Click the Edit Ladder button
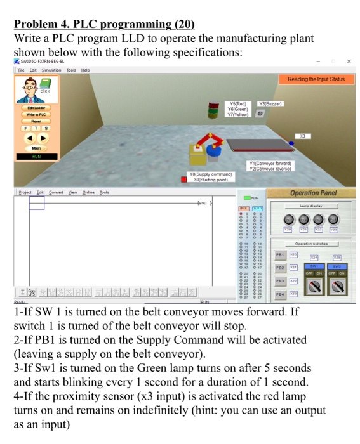36,108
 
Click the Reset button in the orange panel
36,121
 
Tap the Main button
36,148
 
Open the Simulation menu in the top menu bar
51,70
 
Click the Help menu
85,70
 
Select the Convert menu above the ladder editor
55,192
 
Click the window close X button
349,62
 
